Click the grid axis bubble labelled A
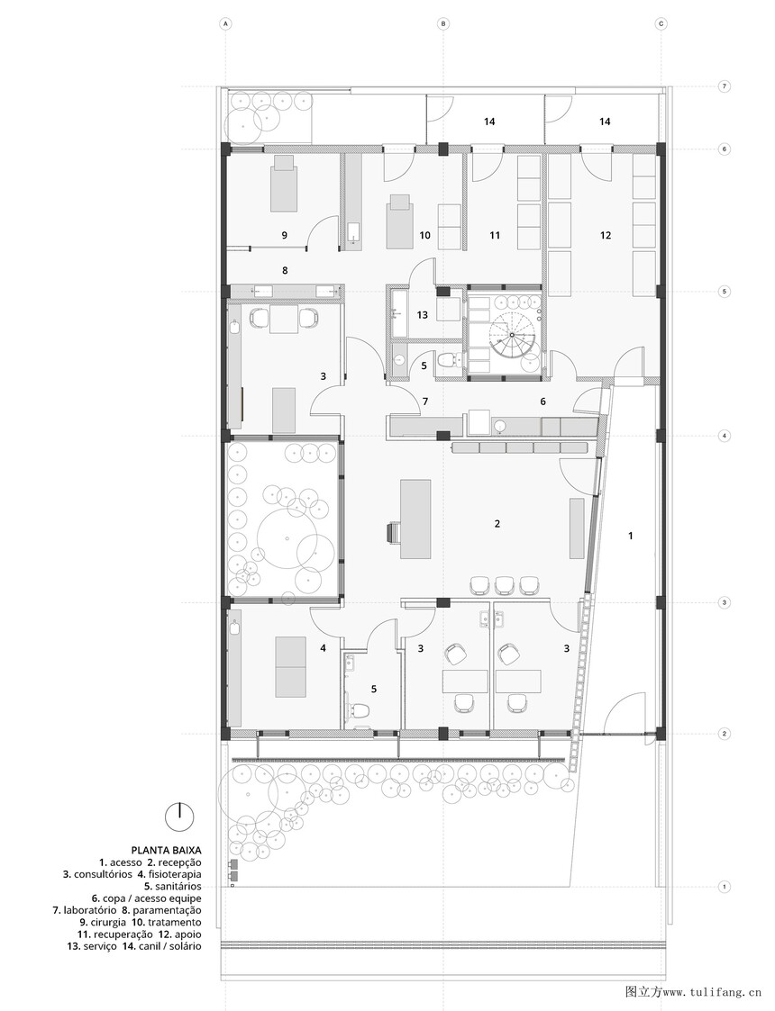coord(226,23)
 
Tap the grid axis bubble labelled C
coord(661,23)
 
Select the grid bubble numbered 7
coord(725,86)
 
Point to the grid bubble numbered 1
coord(725,887)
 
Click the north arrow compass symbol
coord(180,817)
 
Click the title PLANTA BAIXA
coord(167,850)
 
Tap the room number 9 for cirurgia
coord(284,235)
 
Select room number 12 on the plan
coord(605,235)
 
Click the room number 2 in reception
coord(497,524)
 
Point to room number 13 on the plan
coord(422,315)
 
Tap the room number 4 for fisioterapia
coord(323,648)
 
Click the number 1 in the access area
coord(631,535)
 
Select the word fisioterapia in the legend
coord(176,874)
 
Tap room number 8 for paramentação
coord(285,271)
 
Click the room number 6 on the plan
coord(542,401)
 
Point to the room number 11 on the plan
coord(495,235)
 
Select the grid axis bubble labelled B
coord(443,23)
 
